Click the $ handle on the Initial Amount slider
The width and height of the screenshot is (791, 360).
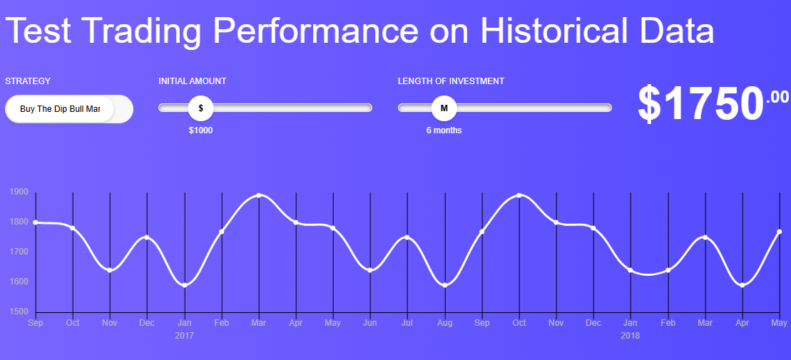coord(200,108)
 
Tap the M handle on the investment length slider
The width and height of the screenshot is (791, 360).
coord(444,108)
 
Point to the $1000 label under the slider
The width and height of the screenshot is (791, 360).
coord(200,130)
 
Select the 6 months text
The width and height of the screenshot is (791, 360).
coord(444,130)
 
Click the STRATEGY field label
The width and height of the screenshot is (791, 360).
coord(28,81)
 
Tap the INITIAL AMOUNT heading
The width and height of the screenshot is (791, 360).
coord(192,81)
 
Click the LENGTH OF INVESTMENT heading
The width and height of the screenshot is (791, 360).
coord(451,81)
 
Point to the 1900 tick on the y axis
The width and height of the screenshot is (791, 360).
coord(19,192)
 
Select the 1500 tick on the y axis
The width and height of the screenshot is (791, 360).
coord(19,312)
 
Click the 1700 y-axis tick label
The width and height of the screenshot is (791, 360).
coord(19,252)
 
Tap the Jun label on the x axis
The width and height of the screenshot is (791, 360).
coord(370,323)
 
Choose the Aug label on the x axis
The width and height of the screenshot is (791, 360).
coord(444,323)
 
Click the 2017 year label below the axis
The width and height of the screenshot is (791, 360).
coord(184,335)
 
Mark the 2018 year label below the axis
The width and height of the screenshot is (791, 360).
coord(630,335)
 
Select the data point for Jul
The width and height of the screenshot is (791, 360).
coord(407,237)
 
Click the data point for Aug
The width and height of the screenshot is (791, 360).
coord(444,285)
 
